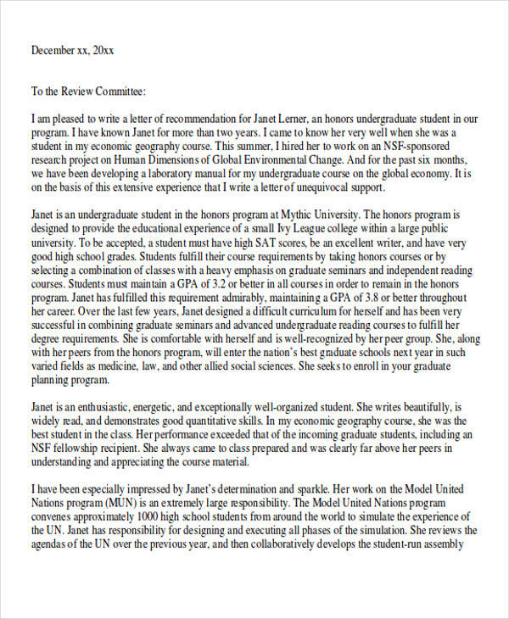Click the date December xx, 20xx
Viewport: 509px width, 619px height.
click(x=72, y=50)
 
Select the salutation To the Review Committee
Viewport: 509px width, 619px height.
click(x=89, y=92)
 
